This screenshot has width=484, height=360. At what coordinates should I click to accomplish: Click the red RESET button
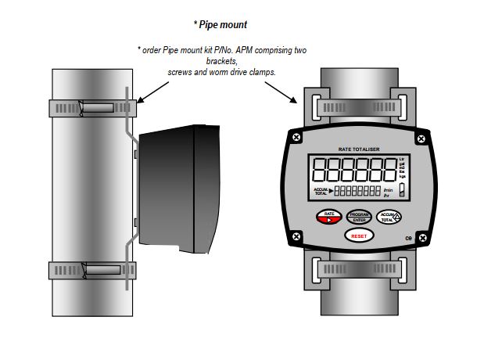[358, 235]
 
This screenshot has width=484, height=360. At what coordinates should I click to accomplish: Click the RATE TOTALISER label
[359, 148]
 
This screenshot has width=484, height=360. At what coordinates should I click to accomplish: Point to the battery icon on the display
[402, 190]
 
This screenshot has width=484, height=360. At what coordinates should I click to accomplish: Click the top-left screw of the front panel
[296, 138]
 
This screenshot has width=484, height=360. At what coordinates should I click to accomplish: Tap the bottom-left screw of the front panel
[296, 236]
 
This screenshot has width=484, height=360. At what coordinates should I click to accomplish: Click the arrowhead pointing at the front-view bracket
[295, 101]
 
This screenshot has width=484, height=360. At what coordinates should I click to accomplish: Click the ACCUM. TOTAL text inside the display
[322, 191]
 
